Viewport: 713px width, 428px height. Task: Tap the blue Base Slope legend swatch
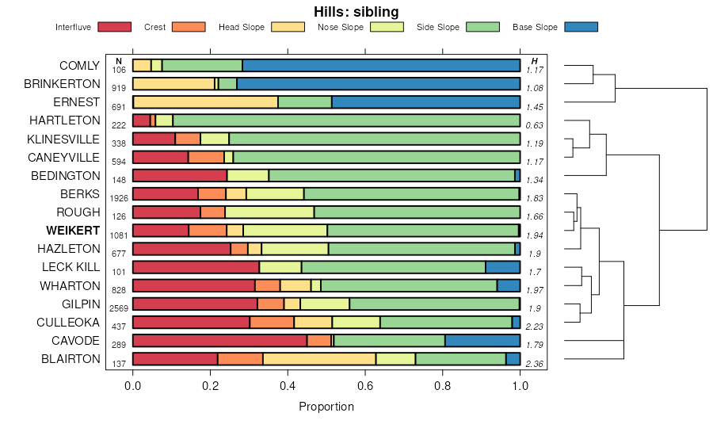(581, 27)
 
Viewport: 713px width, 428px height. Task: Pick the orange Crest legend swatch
(188, 27)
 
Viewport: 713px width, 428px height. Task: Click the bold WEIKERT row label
(73, 231)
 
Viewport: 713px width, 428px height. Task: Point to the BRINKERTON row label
(62, 84)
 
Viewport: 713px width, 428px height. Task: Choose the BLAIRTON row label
(70, 359)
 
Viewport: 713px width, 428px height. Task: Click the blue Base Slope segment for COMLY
(381, 66)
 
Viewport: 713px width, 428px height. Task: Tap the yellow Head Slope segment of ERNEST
(206, 102)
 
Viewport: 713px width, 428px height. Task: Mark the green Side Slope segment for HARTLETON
(346, 120)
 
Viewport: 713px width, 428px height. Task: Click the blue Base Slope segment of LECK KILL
(502, 267)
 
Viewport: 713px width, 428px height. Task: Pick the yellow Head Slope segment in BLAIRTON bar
(319, 359)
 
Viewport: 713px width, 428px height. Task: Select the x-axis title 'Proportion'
(326, 407)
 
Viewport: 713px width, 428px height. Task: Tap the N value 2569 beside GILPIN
(119, 308)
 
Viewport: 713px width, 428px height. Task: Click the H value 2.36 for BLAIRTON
(535, 364)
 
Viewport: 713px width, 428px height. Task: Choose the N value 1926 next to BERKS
(119, 198)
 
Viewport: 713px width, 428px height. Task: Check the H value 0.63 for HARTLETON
(535, 125)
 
